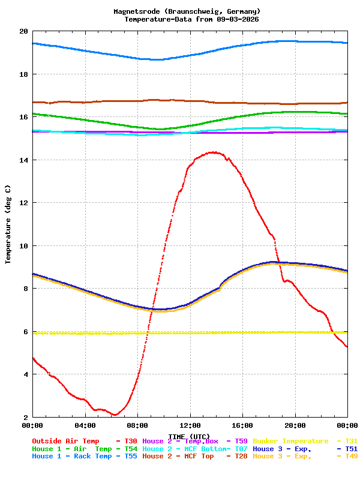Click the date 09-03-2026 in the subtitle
point(238,19)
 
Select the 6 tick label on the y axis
point(25,332)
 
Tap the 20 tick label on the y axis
point(23,31)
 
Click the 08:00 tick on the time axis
point(137,425)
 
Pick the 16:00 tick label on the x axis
point(242,425)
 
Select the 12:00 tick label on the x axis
point(190,425)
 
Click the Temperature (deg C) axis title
point(8,224)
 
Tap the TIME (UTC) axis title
point(189,436)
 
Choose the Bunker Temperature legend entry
point(291,441)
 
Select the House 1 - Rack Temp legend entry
point(72,457)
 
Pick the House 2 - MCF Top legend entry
point(178,457)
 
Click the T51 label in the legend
point(351,449)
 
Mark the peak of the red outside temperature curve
point(213,152)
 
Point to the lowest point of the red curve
point(114,415)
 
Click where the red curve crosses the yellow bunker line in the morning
point(146,333)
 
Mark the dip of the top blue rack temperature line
point(157,59)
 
